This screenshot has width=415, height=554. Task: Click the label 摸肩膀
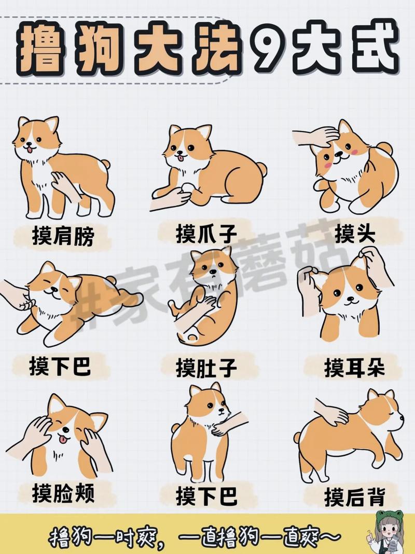pyautogui.click(x=62, y=237)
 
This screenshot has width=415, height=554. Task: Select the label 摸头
pyautogui.click(x=354, y=234)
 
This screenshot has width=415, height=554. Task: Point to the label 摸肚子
pyautogui.click(x=206, y=368)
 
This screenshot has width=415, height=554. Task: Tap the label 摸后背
pyautogui.click(x=355, y=497)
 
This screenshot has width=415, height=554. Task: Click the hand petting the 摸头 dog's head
pyautogui.click(x=316, y=137)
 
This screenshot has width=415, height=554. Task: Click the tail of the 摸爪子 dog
pyautogui.click(x=261, y=169)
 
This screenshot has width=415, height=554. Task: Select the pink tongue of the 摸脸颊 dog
pyautogui.click(x=63, y=440)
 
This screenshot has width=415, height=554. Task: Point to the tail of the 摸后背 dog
pyautogui.click(x=297, y=437)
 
